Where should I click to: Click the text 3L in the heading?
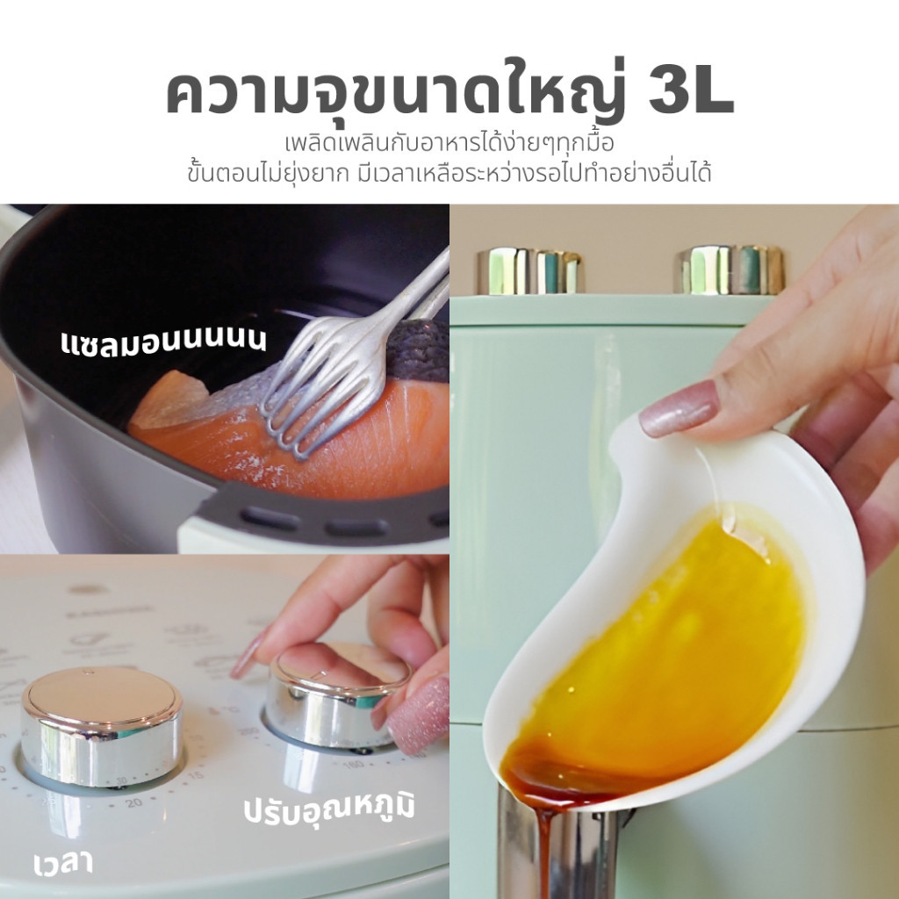coord(691,94)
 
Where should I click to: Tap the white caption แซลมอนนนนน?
coord(163,342)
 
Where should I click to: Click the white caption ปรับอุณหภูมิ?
coord(328,808)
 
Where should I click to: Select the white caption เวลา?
coord(63,864)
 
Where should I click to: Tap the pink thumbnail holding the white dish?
coord(680,408)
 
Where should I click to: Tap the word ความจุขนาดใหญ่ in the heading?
coord(396,91)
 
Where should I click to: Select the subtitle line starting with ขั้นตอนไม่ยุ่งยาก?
coord(449,173)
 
